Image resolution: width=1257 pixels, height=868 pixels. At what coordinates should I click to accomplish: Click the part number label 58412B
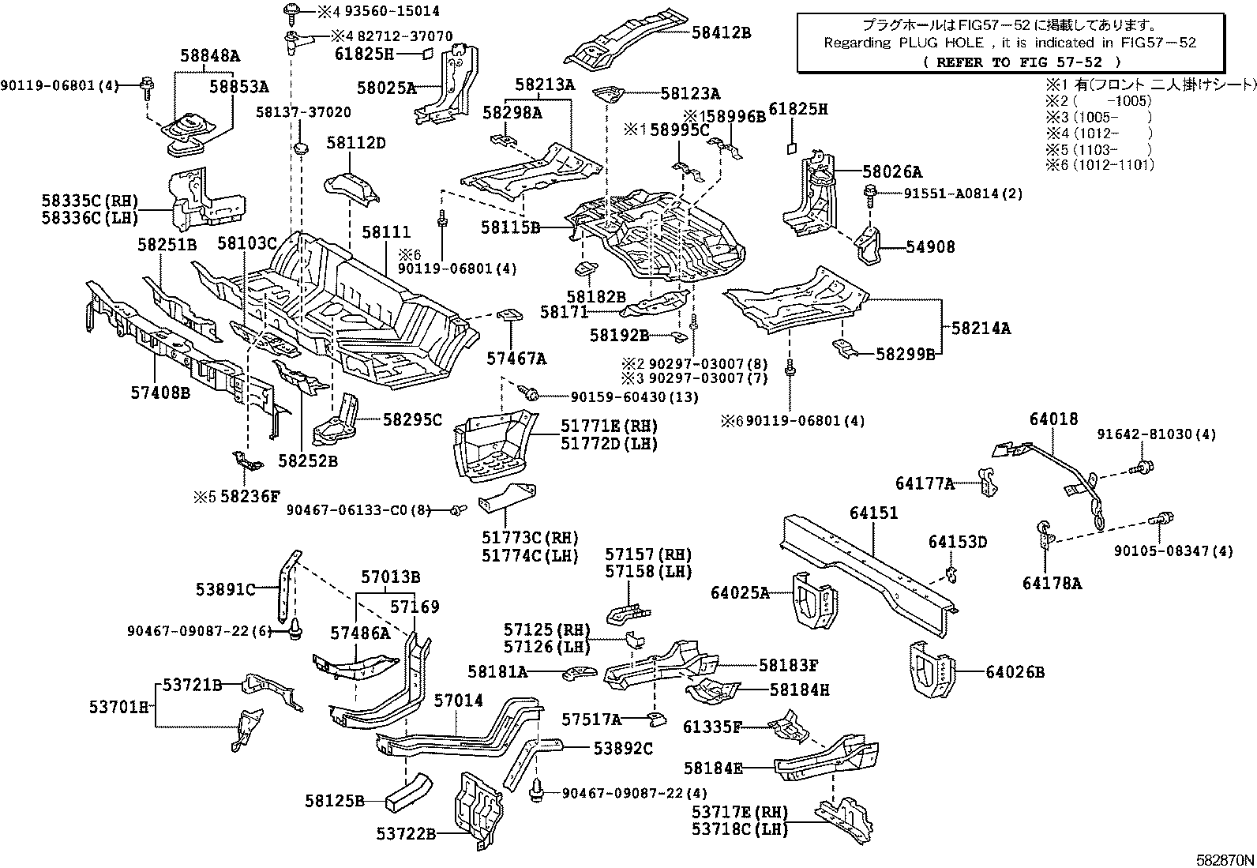721,32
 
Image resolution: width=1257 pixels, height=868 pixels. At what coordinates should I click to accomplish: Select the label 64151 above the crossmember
874,513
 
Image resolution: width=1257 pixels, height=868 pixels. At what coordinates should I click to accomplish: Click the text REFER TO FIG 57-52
1022,62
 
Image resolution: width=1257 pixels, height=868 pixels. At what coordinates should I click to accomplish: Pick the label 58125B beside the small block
335,801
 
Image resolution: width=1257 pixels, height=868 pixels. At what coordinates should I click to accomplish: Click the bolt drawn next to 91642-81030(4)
1142,468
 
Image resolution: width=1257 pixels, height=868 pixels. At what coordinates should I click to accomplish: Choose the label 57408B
160,391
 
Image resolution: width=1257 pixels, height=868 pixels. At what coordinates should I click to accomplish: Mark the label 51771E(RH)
609,426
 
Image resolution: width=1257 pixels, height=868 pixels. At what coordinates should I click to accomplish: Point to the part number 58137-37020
303,113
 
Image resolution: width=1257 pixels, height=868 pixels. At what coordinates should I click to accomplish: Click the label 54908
930,247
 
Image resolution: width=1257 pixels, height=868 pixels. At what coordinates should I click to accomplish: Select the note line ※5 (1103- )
1098,150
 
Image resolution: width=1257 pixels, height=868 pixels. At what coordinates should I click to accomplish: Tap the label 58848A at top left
209,56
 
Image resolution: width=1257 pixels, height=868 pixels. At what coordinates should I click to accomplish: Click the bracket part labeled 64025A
814,599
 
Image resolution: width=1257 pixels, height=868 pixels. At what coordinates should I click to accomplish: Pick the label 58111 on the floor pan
386,232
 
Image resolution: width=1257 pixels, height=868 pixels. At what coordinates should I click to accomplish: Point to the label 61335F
712,726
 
